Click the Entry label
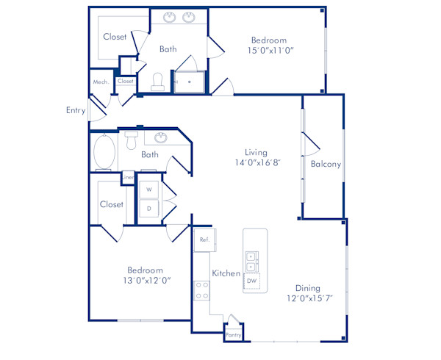(76, 110)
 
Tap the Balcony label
(326, 165)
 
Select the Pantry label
(233, 335)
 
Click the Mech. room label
(101, 82)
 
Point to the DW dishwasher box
(252, 281)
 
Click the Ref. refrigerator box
(204, 240)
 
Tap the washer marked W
(150, 190)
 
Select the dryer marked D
(150, 209)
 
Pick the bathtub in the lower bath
(104, 152)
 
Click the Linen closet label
(128, 177)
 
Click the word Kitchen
(226, 273)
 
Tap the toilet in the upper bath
(157, 82)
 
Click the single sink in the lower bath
(161, 137)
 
